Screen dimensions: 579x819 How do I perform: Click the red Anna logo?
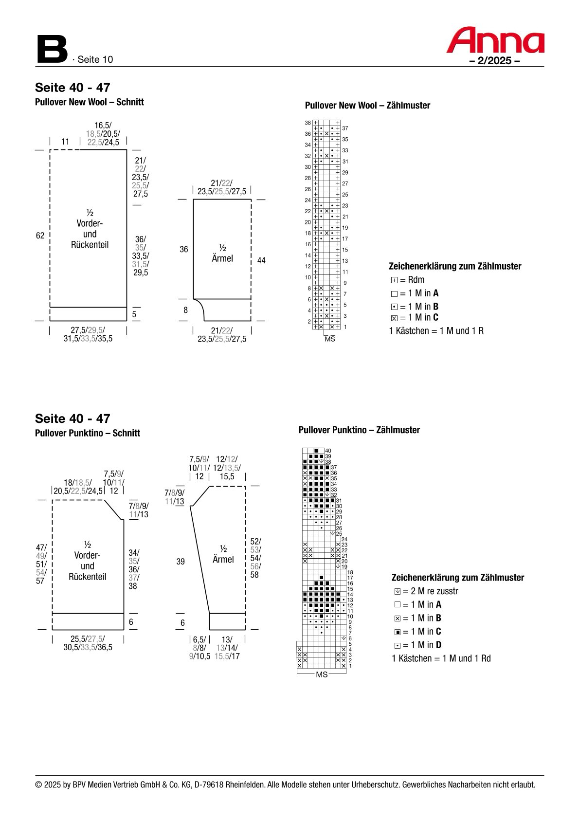click(x=495, y=40)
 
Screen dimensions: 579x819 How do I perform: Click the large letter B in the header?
click(x=52, y=49)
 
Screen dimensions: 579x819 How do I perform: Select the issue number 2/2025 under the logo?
click(x=494, y=61)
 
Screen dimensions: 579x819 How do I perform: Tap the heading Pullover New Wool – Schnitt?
click(x=89, y=102)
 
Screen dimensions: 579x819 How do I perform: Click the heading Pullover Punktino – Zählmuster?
click(x=359, y=430)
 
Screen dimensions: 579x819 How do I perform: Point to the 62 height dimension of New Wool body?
click(x=40, y=236)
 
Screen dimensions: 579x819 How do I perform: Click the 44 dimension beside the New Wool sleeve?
click(x=261, y=261)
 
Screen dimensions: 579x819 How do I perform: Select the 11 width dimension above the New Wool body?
click(x=65, y=142)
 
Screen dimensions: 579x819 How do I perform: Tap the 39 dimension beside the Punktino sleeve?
click(x=181, y=562)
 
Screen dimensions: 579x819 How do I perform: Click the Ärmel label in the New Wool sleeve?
click(x=222, y=258)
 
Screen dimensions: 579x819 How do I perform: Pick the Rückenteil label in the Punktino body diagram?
click(x=88, y=577)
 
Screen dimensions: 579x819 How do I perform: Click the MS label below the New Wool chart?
click(x=330, y=339)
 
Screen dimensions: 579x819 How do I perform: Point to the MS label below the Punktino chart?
click(x=322, y=674)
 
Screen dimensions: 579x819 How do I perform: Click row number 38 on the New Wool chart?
click(x=308, y=123)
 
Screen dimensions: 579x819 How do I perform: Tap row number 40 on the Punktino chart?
click(x=328, y=451)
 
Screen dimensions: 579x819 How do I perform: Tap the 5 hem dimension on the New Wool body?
click(x=134, y=314)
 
